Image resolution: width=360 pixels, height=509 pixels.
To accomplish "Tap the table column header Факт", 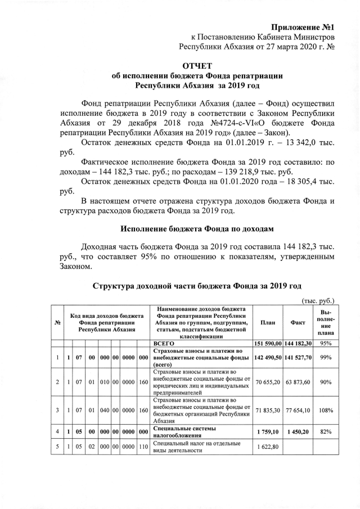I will point(298,322).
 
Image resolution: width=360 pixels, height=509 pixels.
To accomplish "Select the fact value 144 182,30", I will point(299,343).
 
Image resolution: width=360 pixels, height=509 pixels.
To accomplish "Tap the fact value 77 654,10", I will point(299,411).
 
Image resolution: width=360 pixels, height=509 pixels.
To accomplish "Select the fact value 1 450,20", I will point(299,431).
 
